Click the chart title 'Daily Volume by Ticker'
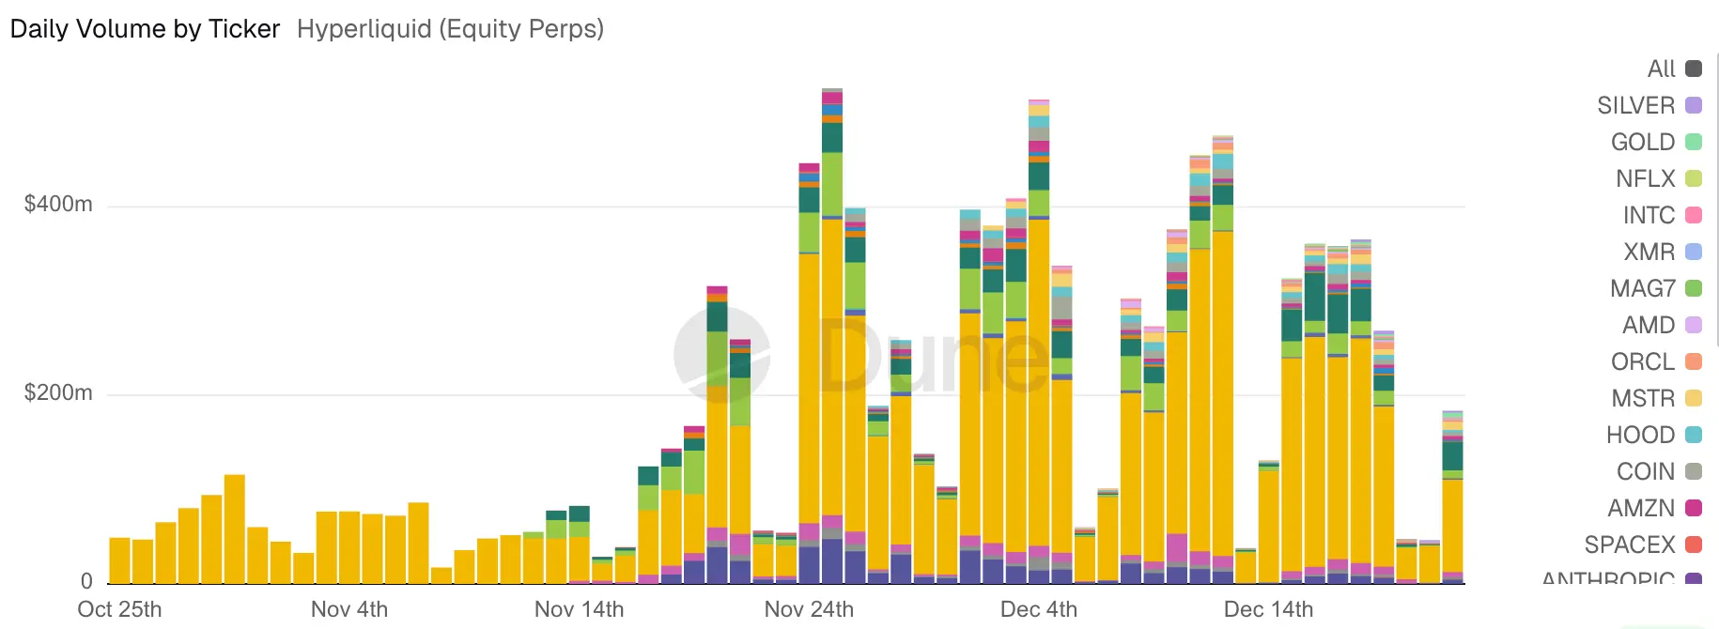point(145,29)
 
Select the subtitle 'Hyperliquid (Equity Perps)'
point(450,29)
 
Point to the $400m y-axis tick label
point(58,204)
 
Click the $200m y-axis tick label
point(58,392)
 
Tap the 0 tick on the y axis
point(86,581)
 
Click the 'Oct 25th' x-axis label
point(119,609)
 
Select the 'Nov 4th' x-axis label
point(349,609)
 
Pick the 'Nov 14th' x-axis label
point(579,609)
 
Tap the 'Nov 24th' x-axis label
point(809,609)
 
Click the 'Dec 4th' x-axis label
point(1039,609)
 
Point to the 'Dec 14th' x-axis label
point(1268,609)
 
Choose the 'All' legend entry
point(1673,69)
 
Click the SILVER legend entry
point(1649,105)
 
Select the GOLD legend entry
point(1655,142)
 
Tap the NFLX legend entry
point(1658,178)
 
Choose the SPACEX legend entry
point(1642,545)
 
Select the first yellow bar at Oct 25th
point(120,560)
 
